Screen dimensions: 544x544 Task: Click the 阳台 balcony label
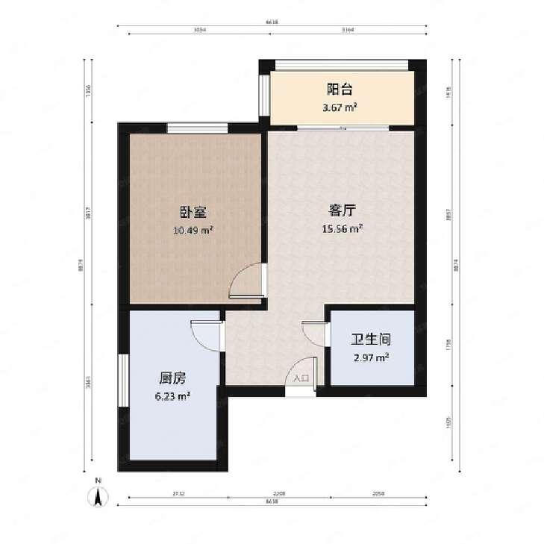click(x=340, y=90)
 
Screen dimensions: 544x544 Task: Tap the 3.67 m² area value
click(x=340, y=108)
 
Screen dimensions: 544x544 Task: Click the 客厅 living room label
click(x=341, y=210)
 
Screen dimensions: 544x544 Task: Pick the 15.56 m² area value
click(x=343, y=228)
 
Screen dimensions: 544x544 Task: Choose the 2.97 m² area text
click(x=371, y=357)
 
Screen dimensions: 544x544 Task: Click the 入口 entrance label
click(x=301, y=379)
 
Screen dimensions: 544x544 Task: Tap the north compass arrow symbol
click(x=98, y=495)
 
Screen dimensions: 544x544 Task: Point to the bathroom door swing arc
click(x=311, y=333)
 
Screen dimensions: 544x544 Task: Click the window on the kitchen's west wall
click(x=123, y=381)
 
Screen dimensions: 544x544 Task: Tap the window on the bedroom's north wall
click(x=197, y=128)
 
